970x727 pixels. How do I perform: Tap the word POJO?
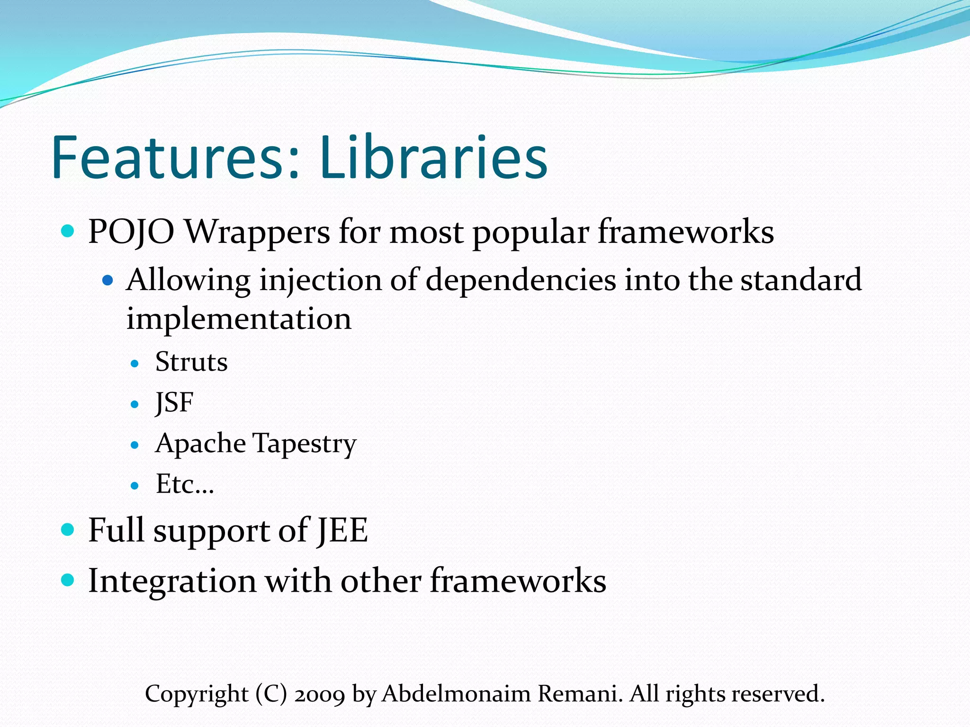tap(131, 232)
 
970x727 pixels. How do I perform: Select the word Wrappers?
tap(257, 232)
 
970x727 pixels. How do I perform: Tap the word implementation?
tap(239, 318)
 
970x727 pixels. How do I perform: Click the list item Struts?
tap(191, 362)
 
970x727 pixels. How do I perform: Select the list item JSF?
tap(174, 403)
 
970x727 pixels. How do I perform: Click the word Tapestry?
tap(304, 444)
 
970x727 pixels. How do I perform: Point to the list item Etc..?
tap(185, 484)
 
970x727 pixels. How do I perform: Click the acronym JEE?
tap(342, 530)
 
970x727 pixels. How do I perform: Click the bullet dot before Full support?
tap(68, 529)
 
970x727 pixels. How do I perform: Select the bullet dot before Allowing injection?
tap(108, 281)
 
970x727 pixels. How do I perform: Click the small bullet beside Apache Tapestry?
tap(135, 445)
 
